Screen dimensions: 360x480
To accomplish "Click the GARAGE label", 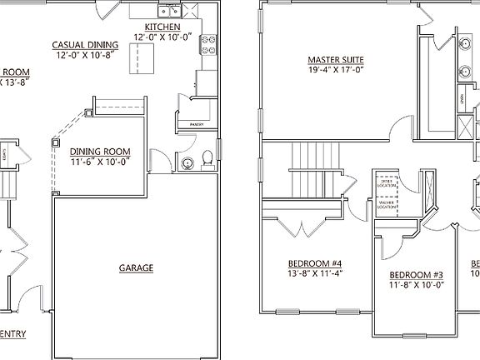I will coord(135,267).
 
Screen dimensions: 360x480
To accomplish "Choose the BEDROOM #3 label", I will coord(416,275).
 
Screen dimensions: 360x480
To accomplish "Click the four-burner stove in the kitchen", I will coord(207,46).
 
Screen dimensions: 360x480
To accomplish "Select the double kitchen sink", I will coord(170,11).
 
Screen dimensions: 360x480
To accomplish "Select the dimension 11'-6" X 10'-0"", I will coord(100,162).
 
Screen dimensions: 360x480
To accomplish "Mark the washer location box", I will coord(385,204).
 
